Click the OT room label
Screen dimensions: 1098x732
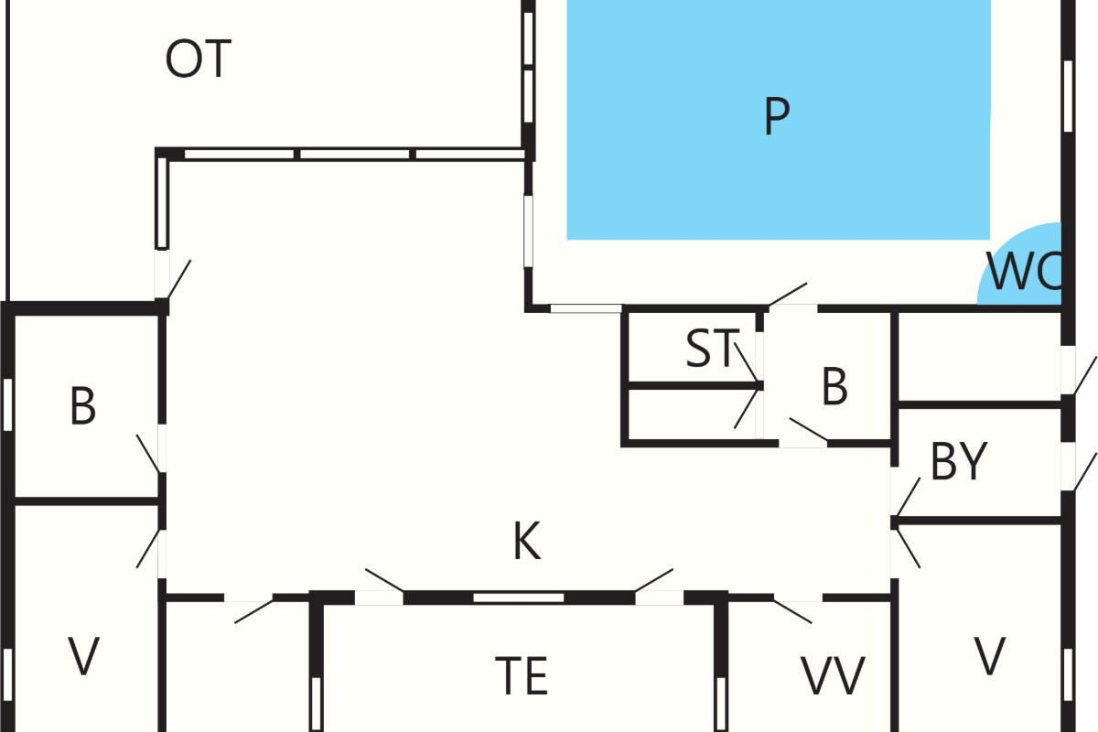199,59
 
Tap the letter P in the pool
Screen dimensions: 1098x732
777,116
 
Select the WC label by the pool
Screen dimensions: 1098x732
1025,271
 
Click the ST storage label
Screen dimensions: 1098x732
712,348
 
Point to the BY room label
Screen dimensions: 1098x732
959,461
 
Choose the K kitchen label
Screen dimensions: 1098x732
527,541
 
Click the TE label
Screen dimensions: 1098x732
522,676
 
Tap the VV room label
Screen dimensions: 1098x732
833,676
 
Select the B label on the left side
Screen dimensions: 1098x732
83,405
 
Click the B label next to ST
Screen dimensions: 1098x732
834,386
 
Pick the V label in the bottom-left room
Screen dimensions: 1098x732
83,656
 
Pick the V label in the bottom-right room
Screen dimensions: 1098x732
989,656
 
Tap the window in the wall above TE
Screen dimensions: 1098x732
519,597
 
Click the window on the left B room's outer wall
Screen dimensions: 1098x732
7,405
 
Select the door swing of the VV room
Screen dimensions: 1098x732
793,610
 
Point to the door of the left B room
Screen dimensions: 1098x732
149,454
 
